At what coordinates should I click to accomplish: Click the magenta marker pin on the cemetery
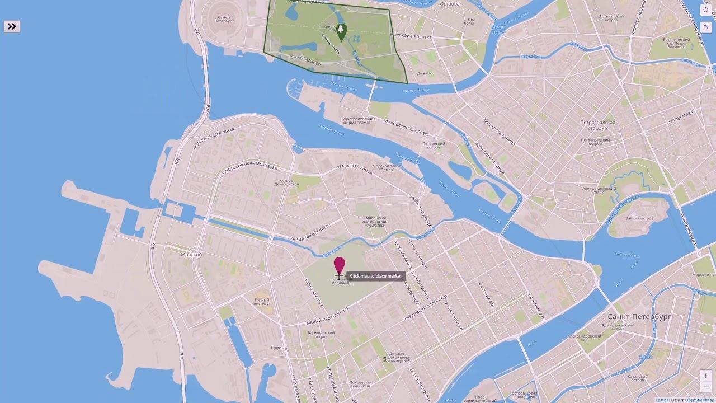(x=339, y=266)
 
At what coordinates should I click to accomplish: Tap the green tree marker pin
(x=341, y=31)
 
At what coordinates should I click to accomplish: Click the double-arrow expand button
(x=12, y=26)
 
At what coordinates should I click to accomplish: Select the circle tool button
(x=706, y=10)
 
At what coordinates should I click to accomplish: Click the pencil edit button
(x=706, y=26)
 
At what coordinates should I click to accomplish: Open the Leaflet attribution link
(x=661, y=400)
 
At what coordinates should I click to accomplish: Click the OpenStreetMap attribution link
(x=699, y=400)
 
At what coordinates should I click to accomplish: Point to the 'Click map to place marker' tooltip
(x=375, y=276)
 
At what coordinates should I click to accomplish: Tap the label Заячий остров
(x=639, y=218)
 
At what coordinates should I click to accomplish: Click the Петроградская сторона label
(x=597, y=125)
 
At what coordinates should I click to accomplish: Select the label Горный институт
(x=262, y=302)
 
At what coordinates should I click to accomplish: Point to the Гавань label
(x=279, y=348)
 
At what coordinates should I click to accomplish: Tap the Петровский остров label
(x=434, y=146)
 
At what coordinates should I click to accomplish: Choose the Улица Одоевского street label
(x=309, y=234)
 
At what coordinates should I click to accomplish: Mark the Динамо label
(x=425, y=73)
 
